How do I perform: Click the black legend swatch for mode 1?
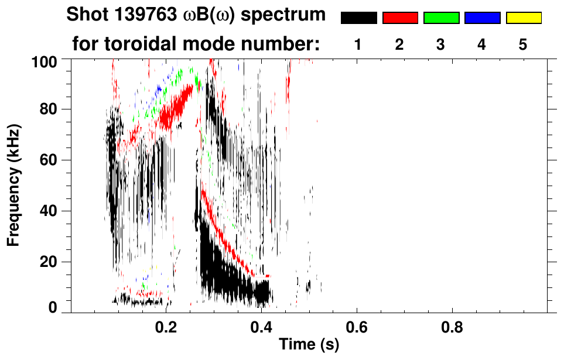(x=359, y=18)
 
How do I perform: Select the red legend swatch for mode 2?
(x=400, y=18)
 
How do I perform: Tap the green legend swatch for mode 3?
(x=441, y=18)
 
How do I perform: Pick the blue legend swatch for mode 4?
(x=482, y=18)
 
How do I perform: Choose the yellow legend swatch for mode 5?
(x=523, y=18)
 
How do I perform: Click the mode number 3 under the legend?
(x=440, y=44)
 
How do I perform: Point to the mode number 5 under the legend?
(x=522, y=44)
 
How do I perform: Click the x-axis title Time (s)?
(x=309, y=345)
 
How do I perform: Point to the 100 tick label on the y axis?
(x=52, y=61)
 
